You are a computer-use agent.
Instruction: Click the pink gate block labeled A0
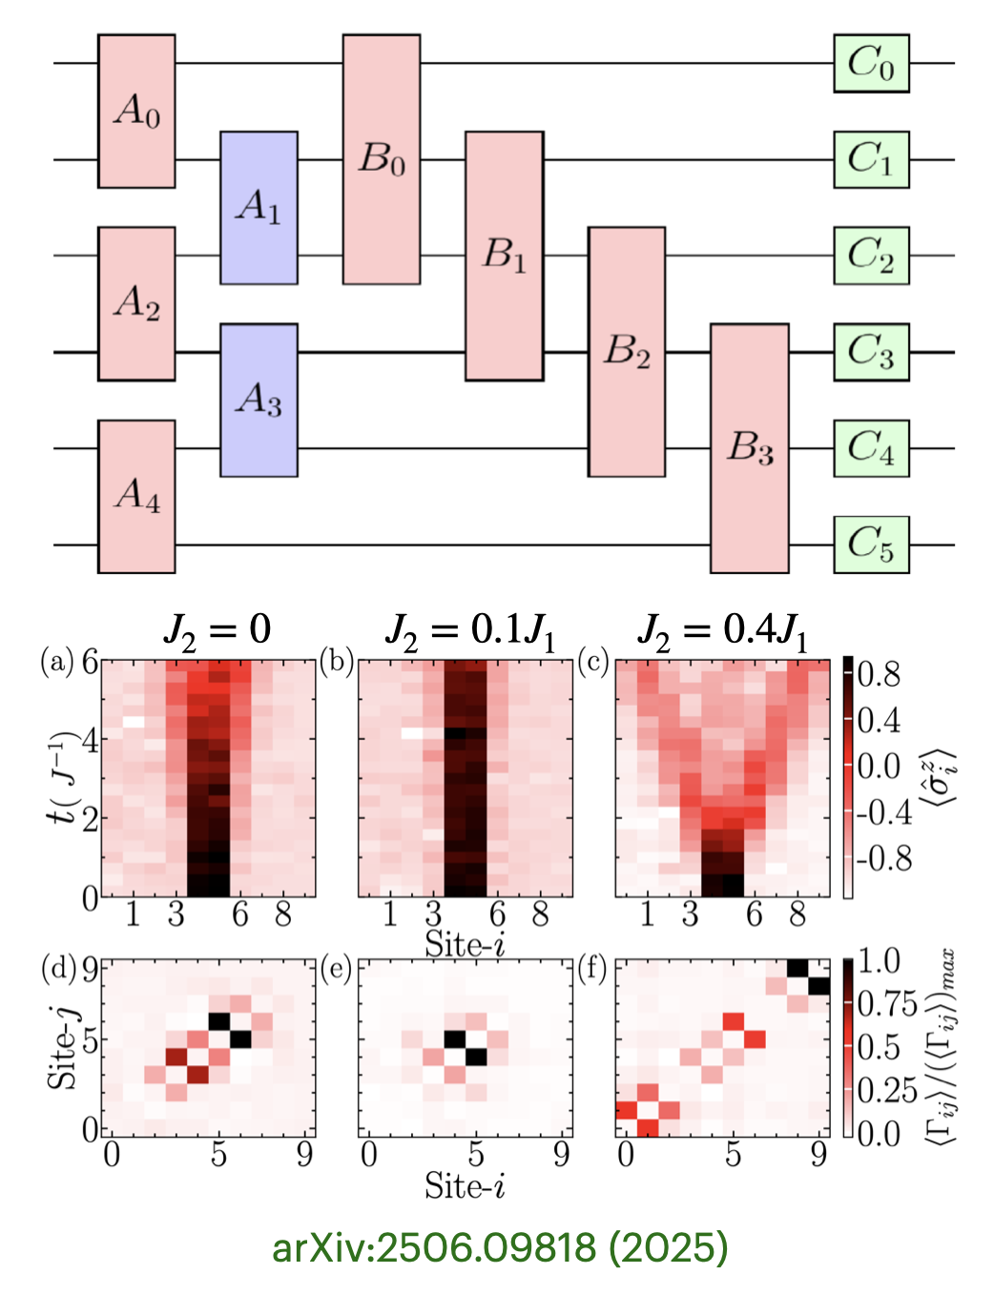(136, 111)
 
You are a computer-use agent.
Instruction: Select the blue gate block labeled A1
(259, 207)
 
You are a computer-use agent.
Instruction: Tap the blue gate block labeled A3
(259, 400)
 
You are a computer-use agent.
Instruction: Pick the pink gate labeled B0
(381, 159)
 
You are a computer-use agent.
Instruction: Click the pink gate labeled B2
(626, 352)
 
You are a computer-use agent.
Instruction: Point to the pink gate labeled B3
(749, 448)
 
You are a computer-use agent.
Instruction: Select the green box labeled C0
(871, 63)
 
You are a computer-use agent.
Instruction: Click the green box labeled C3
(871, 352)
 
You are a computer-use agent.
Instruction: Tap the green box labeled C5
(871, 545)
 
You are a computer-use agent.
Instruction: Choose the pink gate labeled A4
(136, 496)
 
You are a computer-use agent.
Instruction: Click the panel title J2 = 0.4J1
(722, 630)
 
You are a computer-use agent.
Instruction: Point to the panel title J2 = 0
(217, 630)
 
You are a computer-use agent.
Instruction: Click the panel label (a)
(56, 661)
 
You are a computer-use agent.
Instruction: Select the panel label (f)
(593, 968)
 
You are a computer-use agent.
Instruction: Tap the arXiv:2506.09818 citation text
(499, 1247)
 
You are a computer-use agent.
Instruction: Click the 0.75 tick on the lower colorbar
(887, 1004)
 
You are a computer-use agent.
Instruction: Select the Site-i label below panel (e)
(465, 1185)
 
